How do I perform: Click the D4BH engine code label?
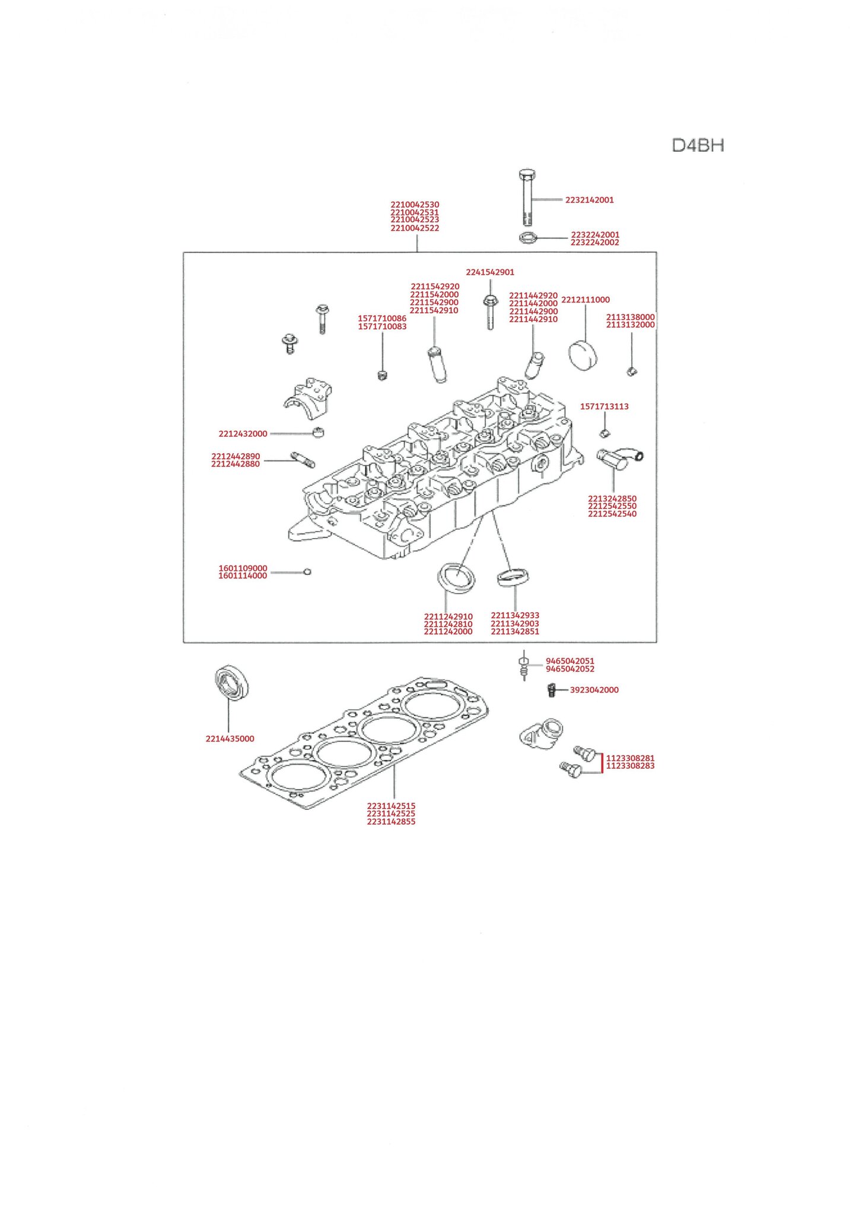point(698,145)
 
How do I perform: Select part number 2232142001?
point(589,200)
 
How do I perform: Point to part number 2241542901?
point(490,272)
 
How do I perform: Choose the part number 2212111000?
point(585,300)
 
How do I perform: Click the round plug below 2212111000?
point(583,354)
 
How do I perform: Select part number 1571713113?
point(604,406)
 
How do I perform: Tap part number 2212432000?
point(243,434)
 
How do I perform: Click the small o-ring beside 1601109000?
point(307,572)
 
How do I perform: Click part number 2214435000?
point(230,739)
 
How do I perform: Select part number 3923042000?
point(594,690)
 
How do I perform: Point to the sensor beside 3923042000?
point(550,690)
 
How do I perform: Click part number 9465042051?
point(570,661)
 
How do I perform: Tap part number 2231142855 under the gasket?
point(391,822)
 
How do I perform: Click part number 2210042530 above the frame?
point(415,205)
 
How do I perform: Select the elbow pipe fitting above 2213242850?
point(619,459)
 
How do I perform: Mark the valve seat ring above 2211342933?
point(513,576)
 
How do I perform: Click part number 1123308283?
point(630,766)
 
